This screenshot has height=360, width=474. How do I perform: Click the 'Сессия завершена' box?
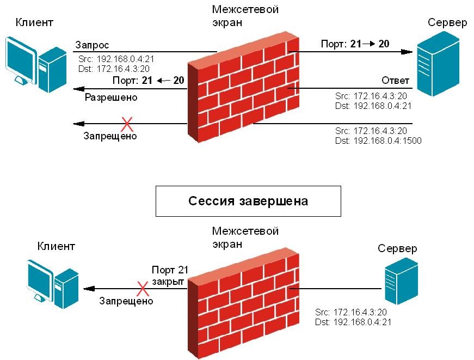[x=248, y=201]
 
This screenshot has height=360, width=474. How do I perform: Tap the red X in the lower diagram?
[x=143, y=288]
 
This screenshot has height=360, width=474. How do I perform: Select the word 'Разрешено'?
[x=111, y=98]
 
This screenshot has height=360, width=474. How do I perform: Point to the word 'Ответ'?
[x=395, y=81]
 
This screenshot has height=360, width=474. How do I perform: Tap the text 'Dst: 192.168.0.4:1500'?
[x=379, y=141]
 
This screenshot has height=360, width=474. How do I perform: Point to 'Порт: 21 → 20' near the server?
[x=355, y=44]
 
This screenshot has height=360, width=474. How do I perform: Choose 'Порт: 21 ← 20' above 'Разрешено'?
[x=148, y=81]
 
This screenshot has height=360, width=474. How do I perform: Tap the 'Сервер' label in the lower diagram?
[x=397, y=249]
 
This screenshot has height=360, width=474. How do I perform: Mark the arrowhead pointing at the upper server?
[x=407, y=52]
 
